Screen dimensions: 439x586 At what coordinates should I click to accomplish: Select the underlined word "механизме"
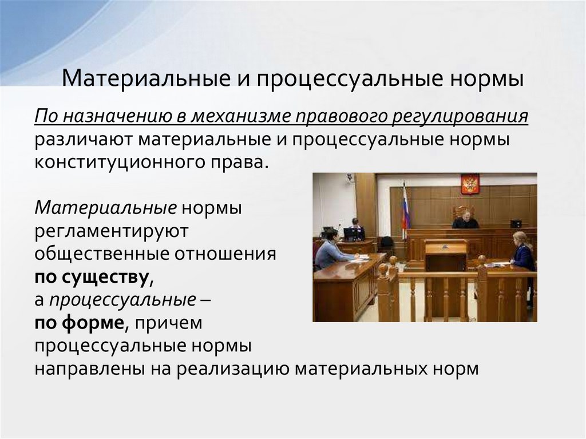tap(242, 117)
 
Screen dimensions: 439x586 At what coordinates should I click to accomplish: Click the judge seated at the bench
tap(465, 219)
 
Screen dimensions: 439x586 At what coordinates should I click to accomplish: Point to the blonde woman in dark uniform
tap(523, 252)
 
